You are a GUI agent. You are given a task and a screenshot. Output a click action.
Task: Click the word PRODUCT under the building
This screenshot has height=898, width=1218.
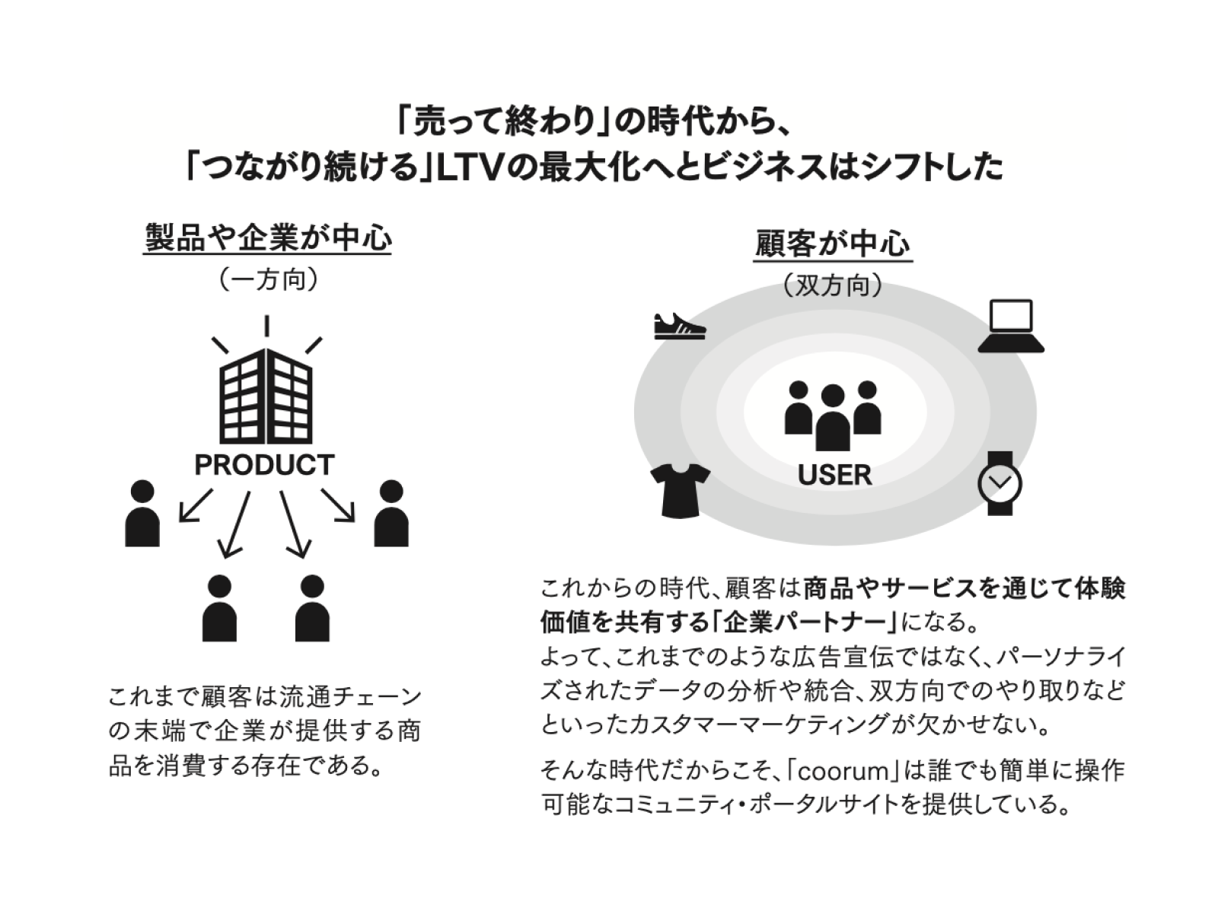pos(264,465)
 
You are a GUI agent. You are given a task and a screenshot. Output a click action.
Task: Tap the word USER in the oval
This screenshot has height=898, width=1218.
pos(834,476)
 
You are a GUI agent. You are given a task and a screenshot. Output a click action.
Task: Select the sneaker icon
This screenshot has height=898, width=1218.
pos(679,326)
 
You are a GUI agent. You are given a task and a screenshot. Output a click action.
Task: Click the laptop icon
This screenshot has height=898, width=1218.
pos(1011,326)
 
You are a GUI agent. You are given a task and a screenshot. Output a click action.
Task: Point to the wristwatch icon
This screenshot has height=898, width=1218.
pos(1000,483)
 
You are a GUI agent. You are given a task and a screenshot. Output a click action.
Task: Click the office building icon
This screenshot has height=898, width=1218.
pos(266,396)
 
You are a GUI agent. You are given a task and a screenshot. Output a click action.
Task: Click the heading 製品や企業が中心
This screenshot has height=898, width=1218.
pos(268,238)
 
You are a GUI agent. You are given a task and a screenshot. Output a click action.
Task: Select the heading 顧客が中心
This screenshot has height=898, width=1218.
pos(833,244)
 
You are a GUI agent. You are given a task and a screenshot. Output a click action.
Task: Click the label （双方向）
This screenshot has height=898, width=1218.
pos(833,286)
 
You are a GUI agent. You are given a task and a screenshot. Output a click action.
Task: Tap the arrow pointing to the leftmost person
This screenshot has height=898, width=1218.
pos(196,505)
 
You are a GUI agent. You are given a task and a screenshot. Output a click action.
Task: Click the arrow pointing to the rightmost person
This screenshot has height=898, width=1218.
pos(339,505)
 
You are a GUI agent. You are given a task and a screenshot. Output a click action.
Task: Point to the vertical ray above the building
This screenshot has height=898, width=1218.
pos(266,326)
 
